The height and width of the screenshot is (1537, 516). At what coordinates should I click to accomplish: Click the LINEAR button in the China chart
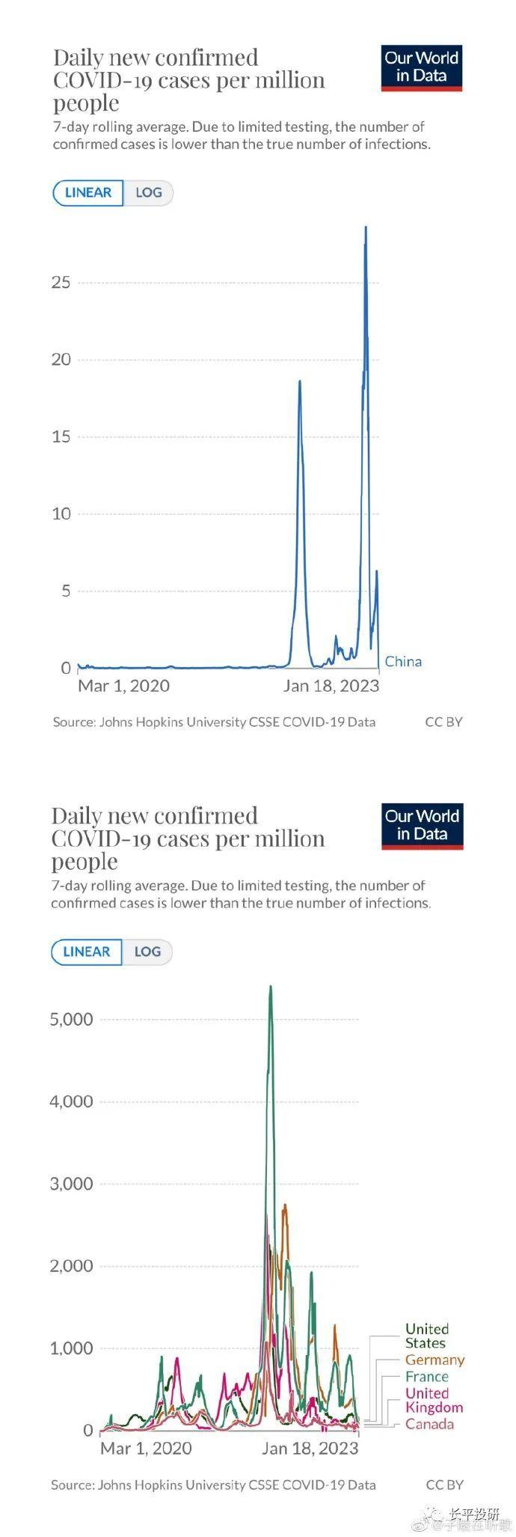87,192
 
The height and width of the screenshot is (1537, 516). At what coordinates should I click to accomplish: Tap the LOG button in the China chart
148,192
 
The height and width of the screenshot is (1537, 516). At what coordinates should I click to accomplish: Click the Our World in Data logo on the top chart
421,67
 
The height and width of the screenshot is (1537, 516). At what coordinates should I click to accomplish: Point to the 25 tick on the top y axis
61,282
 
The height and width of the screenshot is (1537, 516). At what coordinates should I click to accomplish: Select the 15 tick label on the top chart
61,436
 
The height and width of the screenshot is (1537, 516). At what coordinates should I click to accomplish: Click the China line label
403,661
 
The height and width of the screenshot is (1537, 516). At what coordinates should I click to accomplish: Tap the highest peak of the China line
366,228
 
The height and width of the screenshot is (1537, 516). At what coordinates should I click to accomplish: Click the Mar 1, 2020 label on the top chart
123,686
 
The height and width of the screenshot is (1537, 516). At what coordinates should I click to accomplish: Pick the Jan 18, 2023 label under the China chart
331,686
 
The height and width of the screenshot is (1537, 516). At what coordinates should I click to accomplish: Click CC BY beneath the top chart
443,722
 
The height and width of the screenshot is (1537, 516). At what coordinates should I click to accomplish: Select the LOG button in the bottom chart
147,952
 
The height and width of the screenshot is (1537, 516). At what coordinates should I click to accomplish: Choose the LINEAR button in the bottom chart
86,952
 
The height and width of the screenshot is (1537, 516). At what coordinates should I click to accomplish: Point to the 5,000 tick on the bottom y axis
71,1019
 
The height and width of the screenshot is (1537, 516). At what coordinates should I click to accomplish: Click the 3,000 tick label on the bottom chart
71,1184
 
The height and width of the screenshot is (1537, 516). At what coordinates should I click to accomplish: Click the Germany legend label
434,1360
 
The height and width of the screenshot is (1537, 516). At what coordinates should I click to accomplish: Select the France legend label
427,1376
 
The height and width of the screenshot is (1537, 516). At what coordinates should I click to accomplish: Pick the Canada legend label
429,1424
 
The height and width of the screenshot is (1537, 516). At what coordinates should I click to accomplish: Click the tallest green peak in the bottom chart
271,987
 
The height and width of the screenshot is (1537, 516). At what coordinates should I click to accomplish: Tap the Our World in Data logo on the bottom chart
422,826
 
